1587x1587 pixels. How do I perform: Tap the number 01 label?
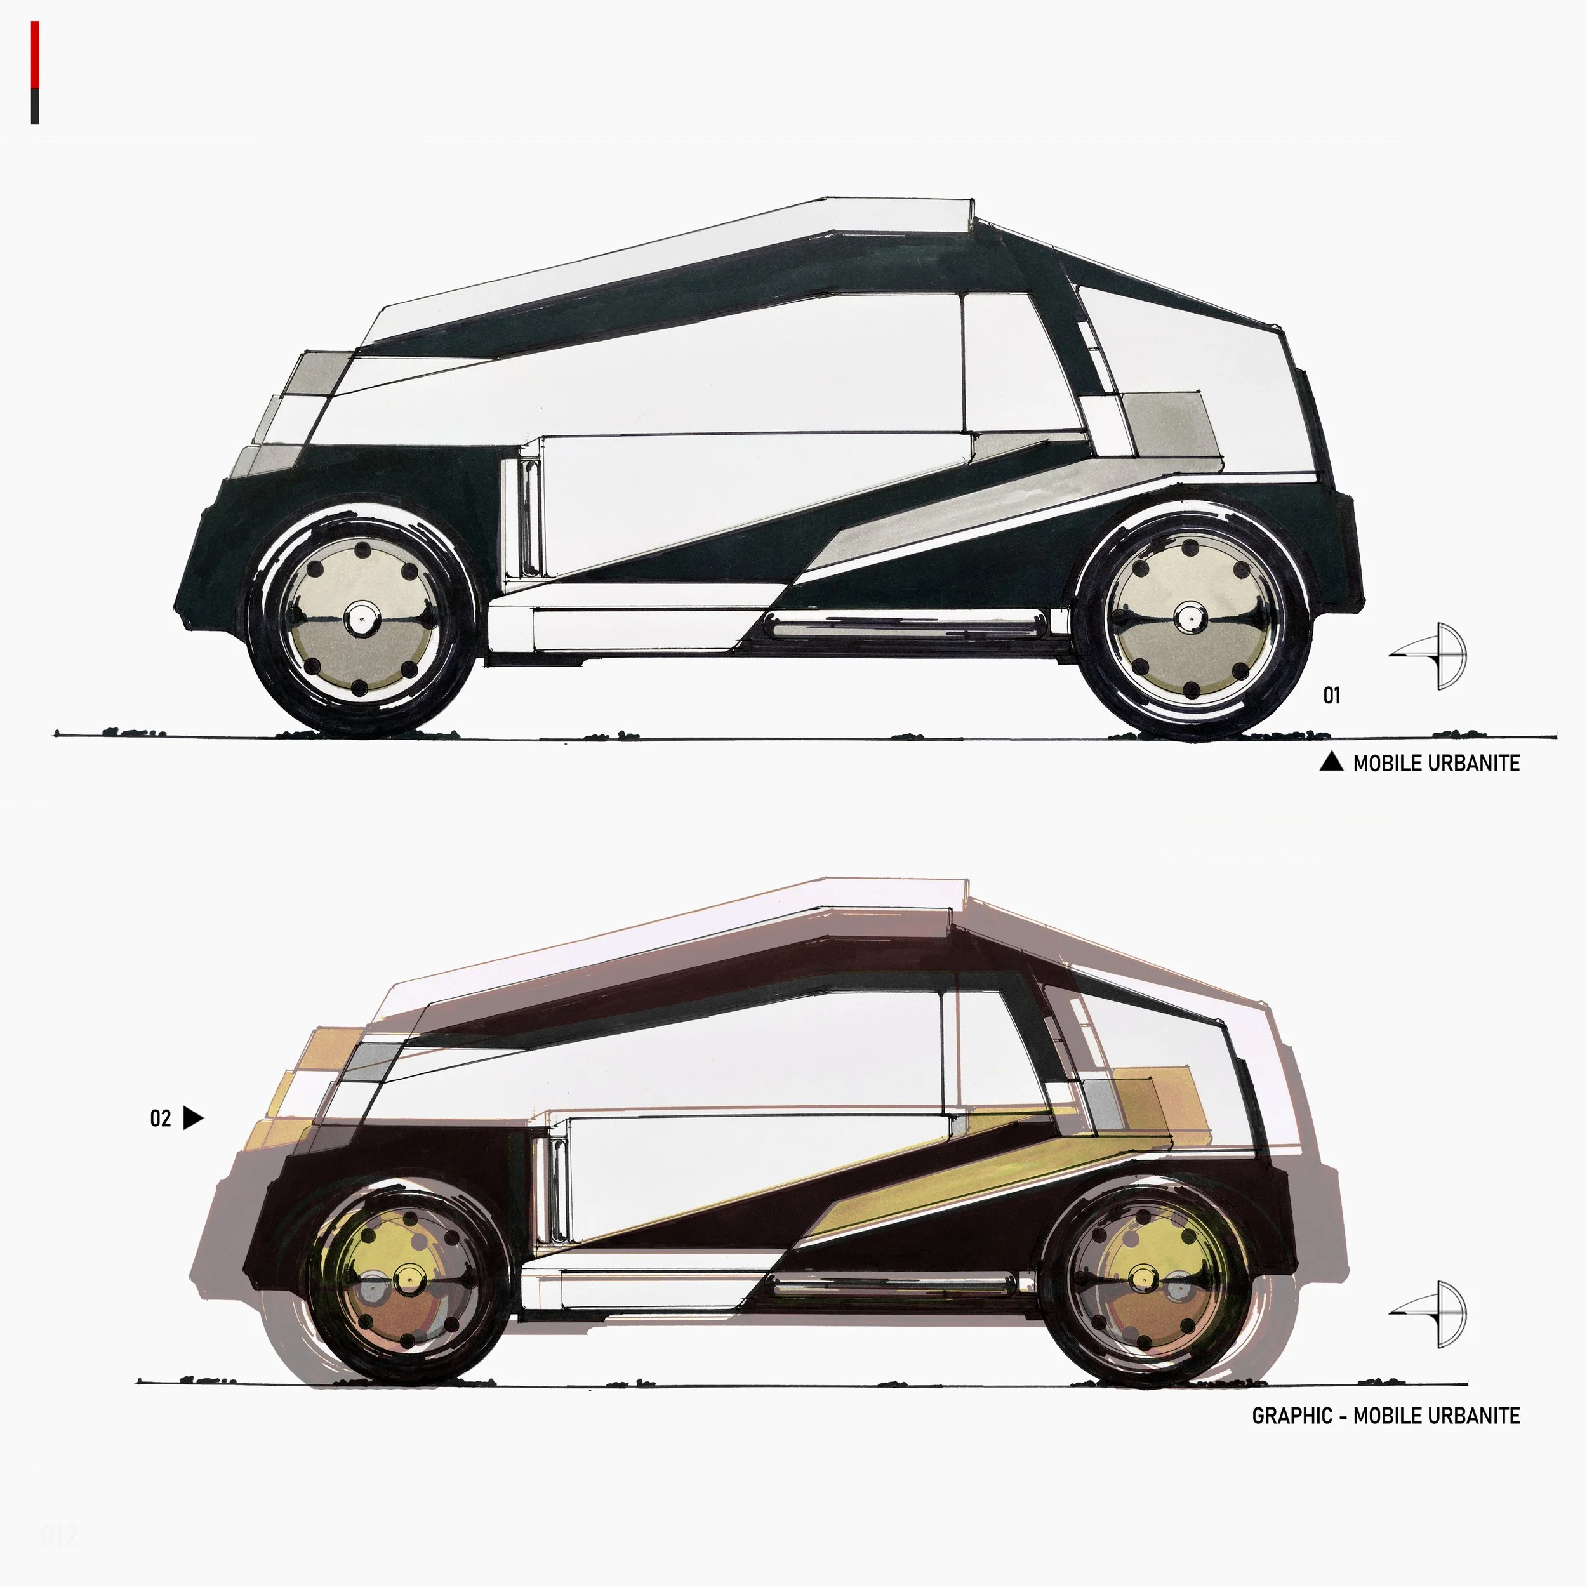click(1332, 696)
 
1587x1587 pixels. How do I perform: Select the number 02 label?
click(160, 1119)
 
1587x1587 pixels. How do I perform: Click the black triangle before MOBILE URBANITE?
click(1331, 762)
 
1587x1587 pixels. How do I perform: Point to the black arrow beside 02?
click(193, 1118)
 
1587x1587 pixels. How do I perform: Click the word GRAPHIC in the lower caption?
click(1292, 1416)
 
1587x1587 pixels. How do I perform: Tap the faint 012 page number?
click(58, 1535)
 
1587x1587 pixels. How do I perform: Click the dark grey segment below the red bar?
click(36, 106)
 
